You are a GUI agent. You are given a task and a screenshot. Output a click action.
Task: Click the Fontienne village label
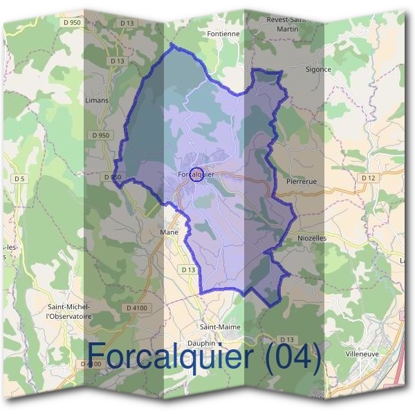coord(223,33)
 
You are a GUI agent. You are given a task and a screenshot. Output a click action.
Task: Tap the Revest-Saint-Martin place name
coord(286,24)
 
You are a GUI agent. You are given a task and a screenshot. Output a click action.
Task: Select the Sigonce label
coord(318,69)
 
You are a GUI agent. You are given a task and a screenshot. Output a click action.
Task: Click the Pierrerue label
coord(300,181)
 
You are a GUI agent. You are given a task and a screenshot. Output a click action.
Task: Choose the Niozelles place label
coord(311,237)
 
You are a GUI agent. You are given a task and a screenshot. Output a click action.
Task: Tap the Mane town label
coord(169,232)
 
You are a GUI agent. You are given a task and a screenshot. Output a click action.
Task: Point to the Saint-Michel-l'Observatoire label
coord(68,311)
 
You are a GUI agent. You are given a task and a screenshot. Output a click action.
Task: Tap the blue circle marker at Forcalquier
coord(196,174)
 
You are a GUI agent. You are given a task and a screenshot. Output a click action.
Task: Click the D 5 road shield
coord(19,179)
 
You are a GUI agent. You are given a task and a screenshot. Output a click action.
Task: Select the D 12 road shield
coord(368,178)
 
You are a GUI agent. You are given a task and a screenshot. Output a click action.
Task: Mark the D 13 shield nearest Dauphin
coord(288,339)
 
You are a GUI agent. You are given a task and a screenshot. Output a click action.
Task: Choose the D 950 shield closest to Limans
coord(100,135)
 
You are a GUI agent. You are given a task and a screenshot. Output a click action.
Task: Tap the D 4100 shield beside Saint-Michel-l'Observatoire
coord(138,307)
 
